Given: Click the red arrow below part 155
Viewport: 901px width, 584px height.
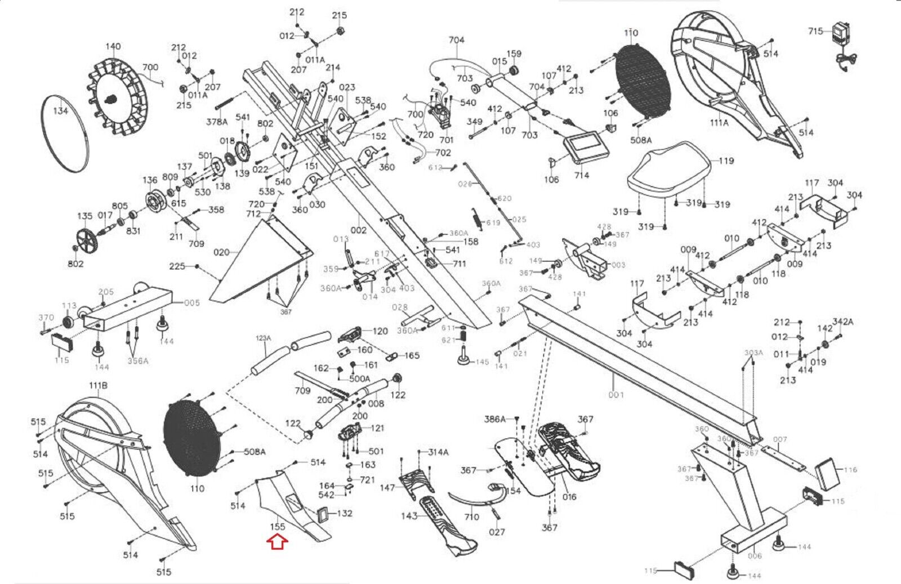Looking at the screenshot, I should click(x=278, y=542).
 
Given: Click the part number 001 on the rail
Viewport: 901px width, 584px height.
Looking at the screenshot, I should click(x=616, y=394).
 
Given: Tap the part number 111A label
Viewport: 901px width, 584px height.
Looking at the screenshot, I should click(x=718, y=122).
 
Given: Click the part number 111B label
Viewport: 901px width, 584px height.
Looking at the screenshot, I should click(x=98, y=385).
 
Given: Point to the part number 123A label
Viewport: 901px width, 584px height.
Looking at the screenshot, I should click(x=264, y=338).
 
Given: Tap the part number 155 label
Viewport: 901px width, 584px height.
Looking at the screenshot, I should click(x=278, y=527).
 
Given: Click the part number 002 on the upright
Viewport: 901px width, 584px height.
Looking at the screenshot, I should click(x=358, y=230).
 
